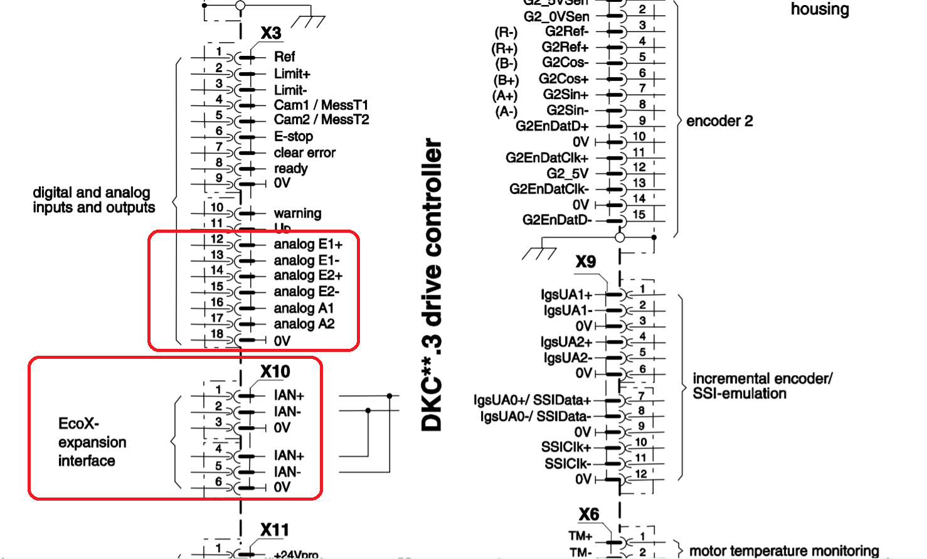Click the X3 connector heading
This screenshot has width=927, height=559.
pos(271,33)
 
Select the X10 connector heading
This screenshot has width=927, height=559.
pos(275,372)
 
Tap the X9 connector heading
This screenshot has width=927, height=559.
pos(586,262)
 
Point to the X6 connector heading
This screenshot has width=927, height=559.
pos(589,515)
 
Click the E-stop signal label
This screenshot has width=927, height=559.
pos(293,136)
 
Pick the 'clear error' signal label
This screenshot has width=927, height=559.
pos(304,152)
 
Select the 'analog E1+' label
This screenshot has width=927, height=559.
pos(308,244)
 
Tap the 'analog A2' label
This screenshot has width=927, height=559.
pos(304,324)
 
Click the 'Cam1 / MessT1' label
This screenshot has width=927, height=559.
pos(320,105)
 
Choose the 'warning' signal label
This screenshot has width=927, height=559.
pos(297,213)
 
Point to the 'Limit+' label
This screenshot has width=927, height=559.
pos(292,74)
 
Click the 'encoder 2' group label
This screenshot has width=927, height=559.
pos(719,121)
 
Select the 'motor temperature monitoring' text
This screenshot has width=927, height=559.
pos(784,551)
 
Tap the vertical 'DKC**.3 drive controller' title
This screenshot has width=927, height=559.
pos(432,285)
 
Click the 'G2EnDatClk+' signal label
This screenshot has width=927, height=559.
pos(547,157)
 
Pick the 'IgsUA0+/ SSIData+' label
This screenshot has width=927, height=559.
pos(532,400)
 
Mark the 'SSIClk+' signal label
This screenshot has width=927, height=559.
pos(566,447)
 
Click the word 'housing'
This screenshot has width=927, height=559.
pos(819,9)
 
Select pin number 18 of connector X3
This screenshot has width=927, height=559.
pos(217,334)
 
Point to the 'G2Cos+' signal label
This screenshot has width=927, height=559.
pos(563,79)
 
